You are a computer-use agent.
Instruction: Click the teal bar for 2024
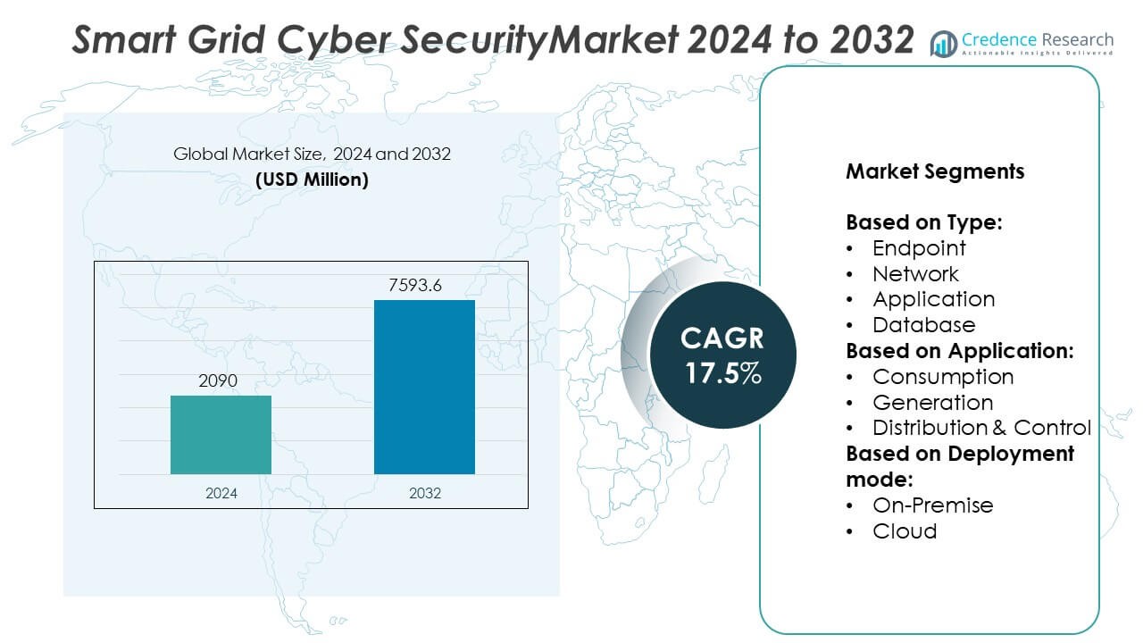(221, 434)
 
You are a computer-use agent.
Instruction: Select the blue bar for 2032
(424, 387)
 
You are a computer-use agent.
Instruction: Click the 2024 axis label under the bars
(221, 493)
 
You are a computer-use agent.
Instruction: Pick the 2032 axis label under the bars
(424, 493)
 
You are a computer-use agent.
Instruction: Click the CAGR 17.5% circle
(722, 355)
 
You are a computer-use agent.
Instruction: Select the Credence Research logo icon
(943, 43)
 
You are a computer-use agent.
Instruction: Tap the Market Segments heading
(935, 171)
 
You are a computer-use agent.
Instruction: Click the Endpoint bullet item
(919, 248)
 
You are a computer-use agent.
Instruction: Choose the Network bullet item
(915, 274)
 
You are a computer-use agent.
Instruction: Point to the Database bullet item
(923, 325)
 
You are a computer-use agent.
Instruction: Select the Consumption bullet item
(943, 377)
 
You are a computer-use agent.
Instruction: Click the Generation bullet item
(932, 403)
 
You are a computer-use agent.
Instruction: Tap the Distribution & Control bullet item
(981, 428)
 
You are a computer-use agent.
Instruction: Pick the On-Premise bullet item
(932, 505)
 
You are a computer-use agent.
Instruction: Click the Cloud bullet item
(905, 531)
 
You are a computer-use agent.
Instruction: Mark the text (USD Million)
(312, 180)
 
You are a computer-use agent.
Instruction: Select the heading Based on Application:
(959, 351)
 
